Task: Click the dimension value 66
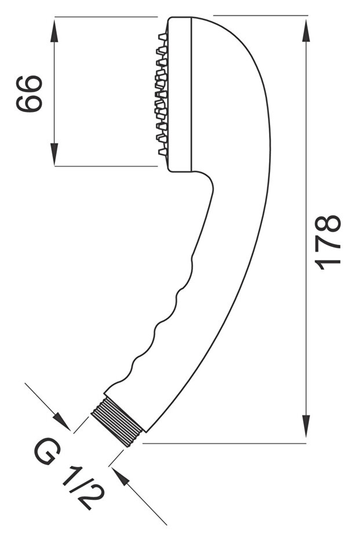click(x=29, y=94)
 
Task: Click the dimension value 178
click(x=328, y=242)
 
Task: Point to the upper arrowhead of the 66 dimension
click(x=54, y=31)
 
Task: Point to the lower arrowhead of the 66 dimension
click(x=54, y=154)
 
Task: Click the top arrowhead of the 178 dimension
click(x=306, y=31)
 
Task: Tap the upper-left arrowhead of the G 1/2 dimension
click(x=62, y=422)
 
